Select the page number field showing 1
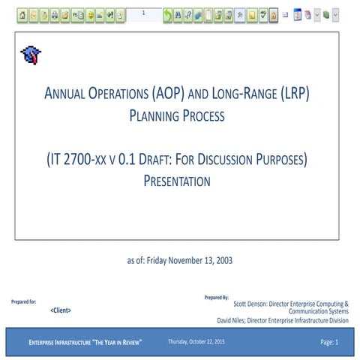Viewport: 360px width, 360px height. (x=142, y=13)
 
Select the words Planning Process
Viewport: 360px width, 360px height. (x=177, y=116)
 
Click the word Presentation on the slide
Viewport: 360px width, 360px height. (x=177, y=181)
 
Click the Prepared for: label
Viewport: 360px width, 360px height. (x=24, y=301)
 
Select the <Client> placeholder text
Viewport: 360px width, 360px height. (x=61, y=310)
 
